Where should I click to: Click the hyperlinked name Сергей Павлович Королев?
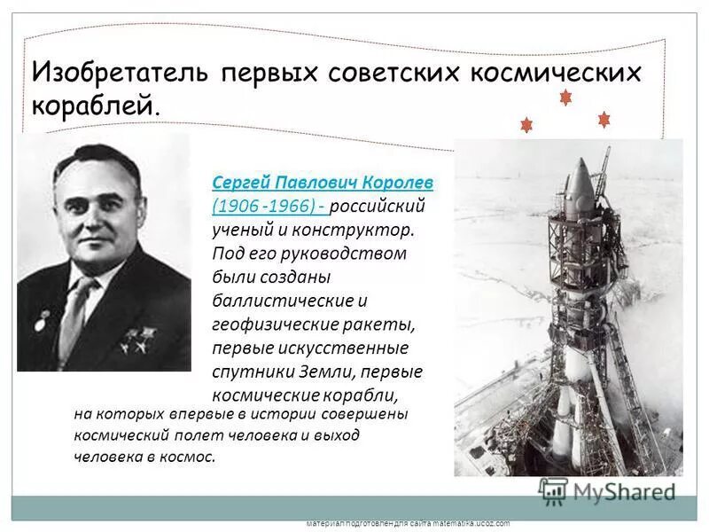tap(323, 182)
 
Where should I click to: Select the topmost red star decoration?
tap(565, 97)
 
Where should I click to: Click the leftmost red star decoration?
tap(526, 125)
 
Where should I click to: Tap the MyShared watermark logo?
tap(607, 490)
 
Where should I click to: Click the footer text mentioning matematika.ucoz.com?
tap(408, 524)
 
